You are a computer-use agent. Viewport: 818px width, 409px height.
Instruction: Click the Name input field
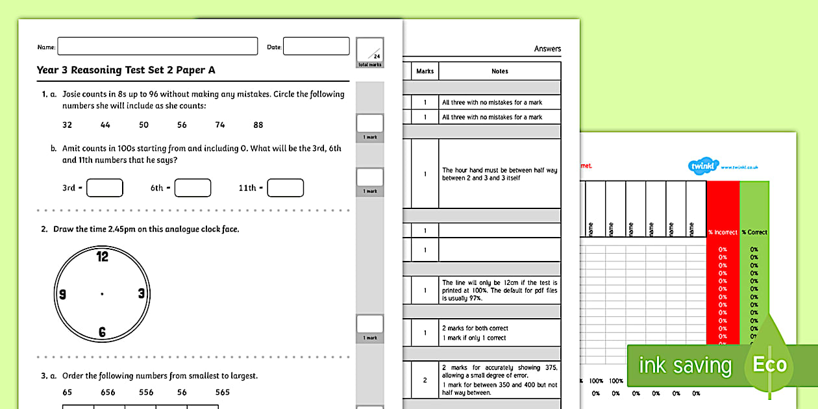[x=158, y=47]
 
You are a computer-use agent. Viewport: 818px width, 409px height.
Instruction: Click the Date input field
[x=316, y=47]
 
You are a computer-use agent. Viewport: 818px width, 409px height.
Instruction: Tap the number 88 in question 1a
[x=258, y=125]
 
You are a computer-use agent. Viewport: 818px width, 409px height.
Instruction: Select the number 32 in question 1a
[x=68, y=125]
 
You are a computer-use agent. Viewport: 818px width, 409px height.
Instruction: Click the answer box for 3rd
[x=105, y=188]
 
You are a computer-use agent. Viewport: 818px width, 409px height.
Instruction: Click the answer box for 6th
[x=193, y=188]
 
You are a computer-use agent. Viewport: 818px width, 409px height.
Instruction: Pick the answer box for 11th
[x=286, y=188]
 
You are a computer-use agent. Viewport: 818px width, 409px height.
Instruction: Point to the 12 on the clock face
[x=103, y=256]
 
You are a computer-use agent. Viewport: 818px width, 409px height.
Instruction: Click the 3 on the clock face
[x=141, y=294]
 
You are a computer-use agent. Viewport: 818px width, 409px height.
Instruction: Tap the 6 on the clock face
[x=103, y=332]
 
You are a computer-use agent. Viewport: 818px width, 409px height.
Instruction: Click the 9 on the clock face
[x=63, y=294]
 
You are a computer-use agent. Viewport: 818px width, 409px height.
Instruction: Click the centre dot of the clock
[x=102, y=294]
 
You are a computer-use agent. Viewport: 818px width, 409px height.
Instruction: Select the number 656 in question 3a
[x=108, y=392]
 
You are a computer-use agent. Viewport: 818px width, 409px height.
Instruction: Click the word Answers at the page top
[x=547, y=49]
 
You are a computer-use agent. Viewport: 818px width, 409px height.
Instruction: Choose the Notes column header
[x=500, y=71]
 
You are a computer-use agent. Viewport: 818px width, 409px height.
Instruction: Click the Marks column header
[x=425, y=71]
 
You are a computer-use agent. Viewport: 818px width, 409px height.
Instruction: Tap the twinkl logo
[x=704, y=167]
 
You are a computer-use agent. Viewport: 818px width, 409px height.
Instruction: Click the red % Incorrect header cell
[x=723, y=232]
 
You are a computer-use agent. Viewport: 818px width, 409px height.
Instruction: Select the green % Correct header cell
[x=754, y=232]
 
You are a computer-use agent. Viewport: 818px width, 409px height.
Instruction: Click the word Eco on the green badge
[x=770, y=365]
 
